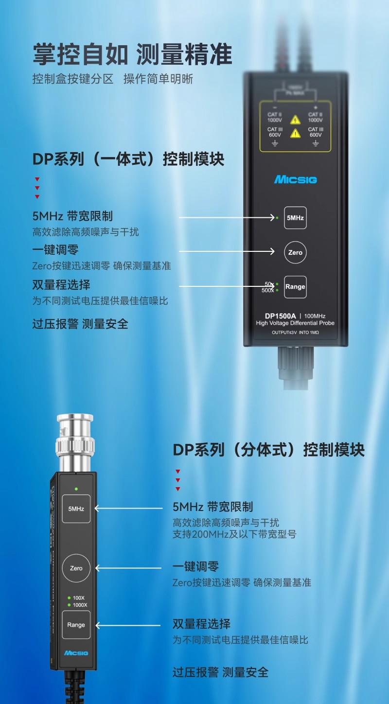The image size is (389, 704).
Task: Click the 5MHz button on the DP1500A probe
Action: (295, 218)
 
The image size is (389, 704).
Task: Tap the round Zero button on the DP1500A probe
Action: (295, 252)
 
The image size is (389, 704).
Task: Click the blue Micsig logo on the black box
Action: (295, 180)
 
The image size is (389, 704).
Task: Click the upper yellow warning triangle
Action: (295, 119)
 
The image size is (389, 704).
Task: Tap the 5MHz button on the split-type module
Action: (76, 509)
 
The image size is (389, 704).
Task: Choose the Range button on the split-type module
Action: (76, 625)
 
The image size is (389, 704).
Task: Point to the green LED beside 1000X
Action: (69, 605)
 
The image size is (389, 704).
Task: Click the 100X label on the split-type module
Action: (79, 598)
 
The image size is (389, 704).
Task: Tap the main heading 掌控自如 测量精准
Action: (132, 54)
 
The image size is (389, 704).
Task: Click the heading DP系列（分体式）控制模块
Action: (268, 450)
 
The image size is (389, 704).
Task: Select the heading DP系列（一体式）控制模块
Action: (128, 159)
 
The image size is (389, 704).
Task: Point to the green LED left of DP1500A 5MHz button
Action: (277, 218)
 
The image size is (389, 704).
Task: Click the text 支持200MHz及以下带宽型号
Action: (234, 534)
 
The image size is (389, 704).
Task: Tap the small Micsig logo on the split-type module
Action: (76, 652)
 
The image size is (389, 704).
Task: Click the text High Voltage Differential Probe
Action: (295, 323)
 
